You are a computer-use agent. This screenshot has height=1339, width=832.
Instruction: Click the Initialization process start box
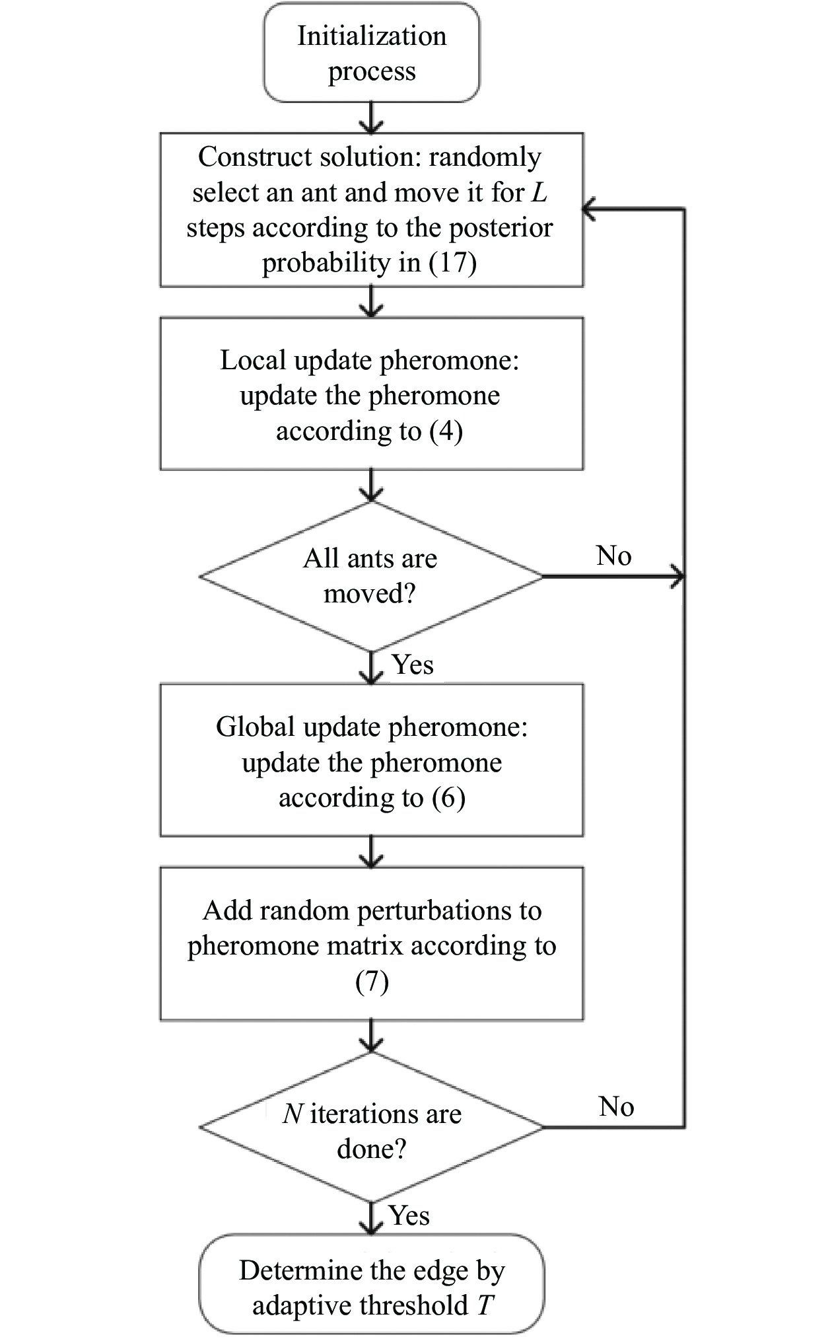click(x=372, y=53)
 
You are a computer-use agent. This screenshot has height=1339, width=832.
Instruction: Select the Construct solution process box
click(x=372, y=210)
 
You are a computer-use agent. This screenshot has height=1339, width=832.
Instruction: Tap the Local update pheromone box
click(x=372, y=394)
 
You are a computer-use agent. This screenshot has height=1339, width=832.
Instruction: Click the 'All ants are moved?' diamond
click(x=371, y=577)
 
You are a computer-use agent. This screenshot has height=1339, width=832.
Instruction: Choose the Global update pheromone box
click(x=372, y=760)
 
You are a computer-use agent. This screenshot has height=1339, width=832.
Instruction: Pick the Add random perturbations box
click(x=372, y=944)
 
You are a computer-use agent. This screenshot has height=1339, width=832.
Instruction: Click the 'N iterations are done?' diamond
click(x=371, y=1127)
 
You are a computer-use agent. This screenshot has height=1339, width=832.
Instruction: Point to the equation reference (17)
click(x=453, y=263)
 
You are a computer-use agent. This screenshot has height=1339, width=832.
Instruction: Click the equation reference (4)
click(x=446, y=431)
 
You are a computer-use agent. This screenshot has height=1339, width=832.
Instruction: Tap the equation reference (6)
click(x=448, y=798)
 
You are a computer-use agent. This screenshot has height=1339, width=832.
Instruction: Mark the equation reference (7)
click(x=372, y=982)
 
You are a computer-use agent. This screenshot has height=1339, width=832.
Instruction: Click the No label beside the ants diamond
click(x=613, y=556)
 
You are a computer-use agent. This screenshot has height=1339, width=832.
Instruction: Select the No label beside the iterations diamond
click(x=616, y=1107)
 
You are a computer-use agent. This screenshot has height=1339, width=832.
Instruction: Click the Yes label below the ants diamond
click(x=413, y=665)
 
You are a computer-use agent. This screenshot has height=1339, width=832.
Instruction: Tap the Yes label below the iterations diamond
click(x=409, y=1215)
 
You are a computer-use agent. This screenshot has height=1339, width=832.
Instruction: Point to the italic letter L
click(x=539, y=192)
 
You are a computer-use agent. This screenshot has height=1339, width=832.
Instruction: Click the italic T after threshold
click(x=485, y=1306)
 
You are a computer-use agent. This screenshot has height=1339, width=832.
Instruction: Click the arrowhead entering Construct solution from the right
click(x=589, y=209)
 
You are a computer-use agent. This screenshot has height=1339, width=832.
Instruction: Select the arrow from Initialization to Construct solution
click(x=372, y=118)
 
